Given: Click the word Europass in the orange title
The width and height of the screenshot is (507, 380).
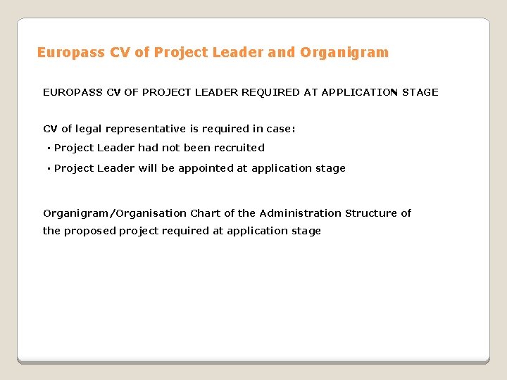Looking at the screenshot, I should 63,53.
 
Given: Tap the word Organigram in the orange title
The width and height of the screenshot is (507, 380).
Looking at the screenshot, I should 344,53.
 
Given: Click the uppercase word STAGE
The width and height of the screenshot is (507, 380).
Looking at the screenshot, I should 420,92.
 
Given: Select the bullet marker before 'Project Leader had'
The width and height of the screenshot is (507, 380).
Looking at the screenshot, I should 49,148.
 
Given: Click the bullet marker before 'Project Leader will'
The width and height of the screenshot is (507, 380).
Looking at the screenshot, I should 49,169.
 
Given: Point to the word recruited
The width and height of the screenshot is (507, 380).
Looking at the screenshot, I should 239,148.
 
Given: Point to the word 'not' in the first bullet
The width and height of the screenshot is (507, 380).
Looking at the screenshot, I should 172,148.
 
